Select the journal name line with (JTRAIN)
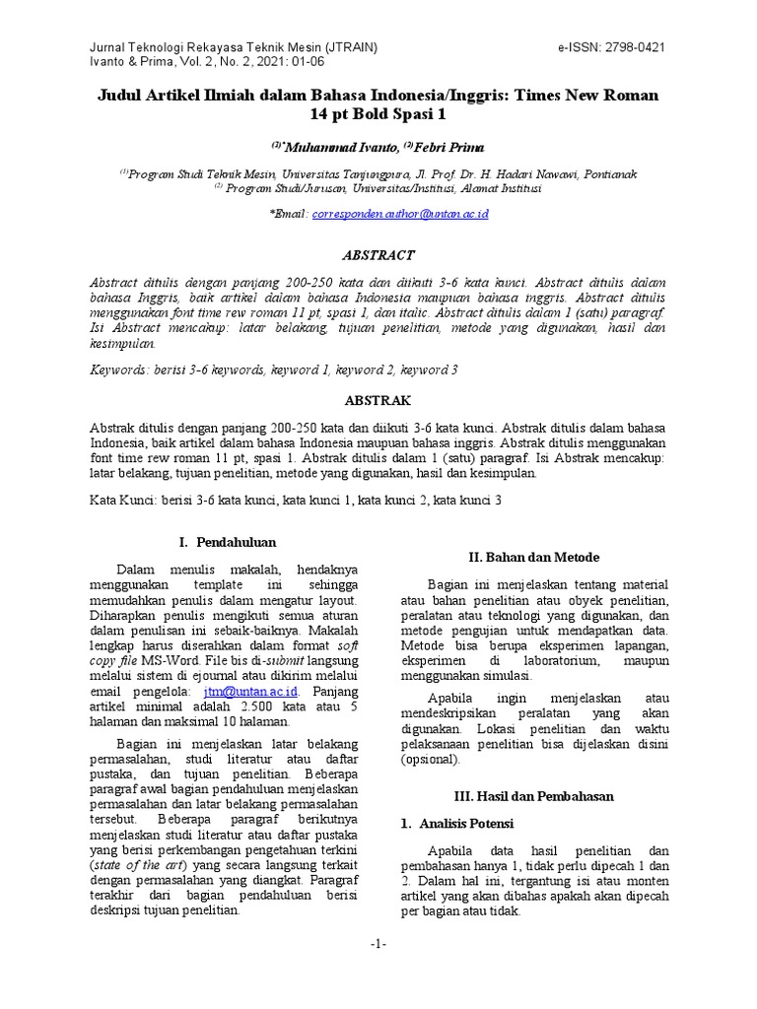tap(233, 46)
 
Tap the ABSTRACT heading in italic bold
tap(378, 255)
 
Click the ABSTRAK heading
tap(377, 401)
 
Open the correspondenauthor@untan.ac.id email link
tap(400, 214)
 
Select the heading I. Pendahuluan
tap(227, 543)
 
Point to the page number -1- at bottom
tap(378, 944)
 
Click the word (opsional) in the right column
tap(431, 760)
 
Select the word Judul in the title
tap(122, 96)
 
